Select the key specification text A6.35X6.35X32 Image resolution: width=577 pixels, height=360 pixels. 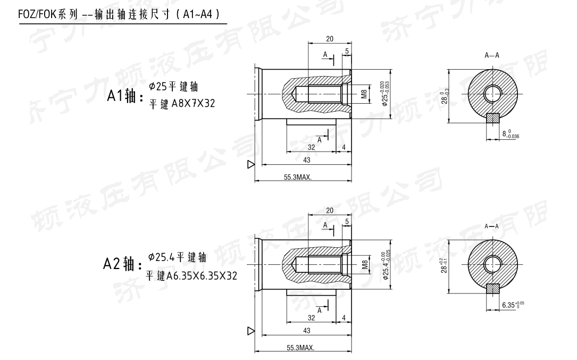tap(202, 276)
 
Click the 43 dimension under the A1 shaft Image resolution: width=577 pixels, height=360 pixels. tap(307, 161)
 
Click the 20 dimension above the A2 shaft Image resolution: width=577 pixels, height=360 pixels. tap(330, 211)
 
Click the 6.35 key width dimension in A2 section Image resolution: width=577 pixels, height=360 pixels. tap(509, 305)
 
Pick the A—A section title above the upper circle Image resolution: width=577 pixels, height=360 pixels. tap(492, 55)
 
